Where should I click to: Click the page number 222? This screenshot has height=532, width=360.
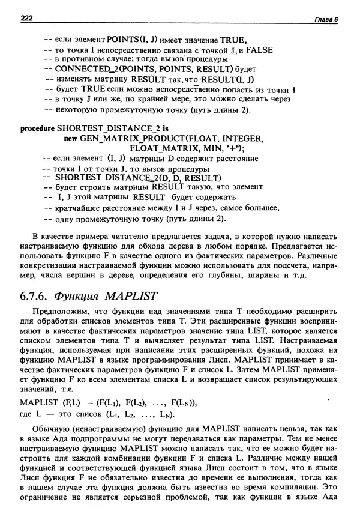pos(26,20)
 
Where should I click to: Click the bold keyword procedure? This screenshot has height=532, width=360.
pos(37,128)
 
